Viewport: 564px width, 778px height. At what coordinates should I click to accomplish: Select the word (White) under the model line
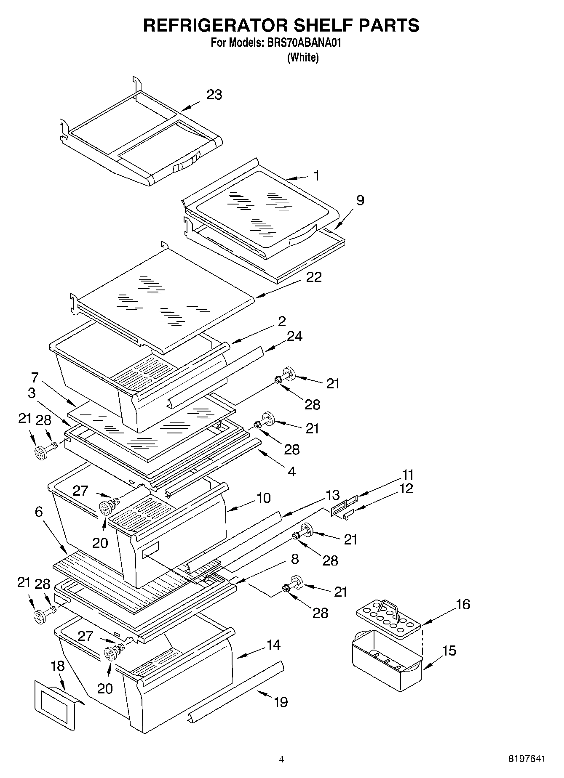303,57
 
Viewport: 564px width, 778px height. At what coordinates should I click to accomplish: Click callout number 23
214,95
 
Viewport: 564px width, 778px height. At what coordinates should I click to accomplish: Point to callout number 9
360,200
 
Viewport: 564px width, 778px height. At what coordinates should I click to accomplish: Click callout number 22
314,277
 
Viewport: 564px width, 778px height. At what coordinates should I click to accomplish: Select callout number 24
294,336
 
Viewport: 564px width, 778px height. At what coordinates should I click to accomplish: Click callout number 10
263,498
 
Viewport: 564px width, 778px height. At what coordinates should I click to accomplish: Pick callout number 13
332,494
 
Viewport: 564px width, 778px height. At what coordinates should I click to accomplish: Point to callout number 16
463,605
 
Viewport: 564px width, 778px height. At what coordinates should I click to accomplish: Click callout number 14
273,645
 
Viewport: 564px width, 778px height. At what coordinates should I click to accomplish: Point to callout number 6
39,512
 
